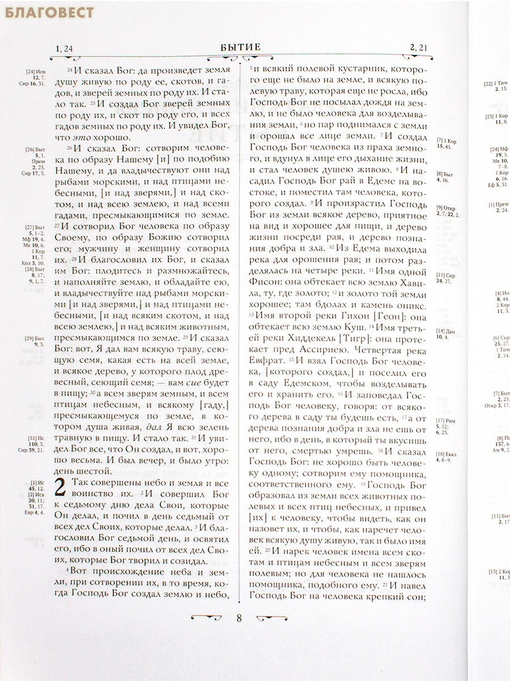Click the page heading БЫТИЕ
coord(240,47)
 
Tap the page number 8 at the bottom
coord(239,618)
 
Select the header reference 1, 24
coord(64,48)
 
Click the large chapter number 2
coord(62,489)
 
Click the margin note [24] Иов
coord(35,72)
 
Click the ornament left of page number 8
coord(206,617)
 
